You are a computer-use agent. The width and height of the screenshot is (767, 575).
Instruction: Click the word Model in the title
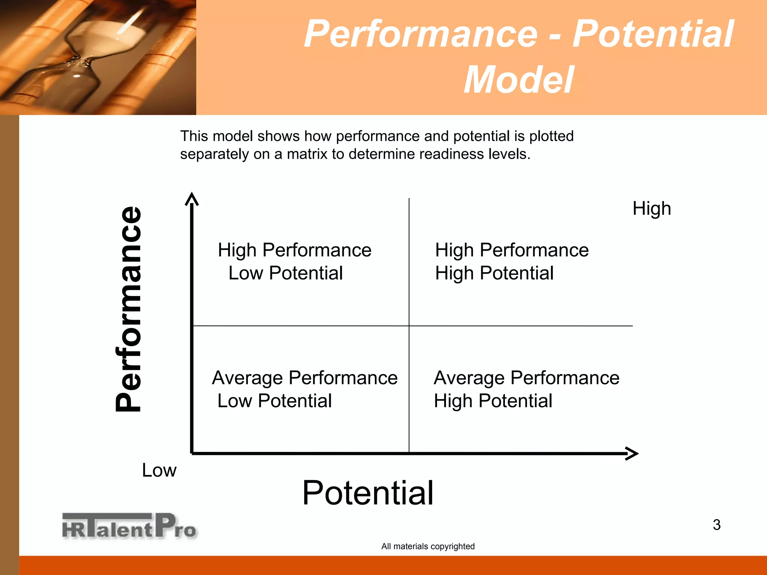click(x=518, y=80)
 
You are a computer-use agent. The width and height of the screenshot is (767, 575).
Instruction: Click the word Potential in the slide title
click(x=653, y=34)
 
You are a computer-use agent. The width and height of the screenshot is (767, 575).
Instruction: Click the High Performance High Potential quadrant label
click(x=511, y=261)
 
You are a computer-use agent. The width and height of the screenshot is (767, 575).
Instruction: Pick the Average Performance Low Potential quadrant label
click(x=304, y=389)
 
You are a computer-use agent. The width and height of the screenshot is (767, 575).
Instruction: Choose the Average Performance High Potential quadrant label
click(x=526, y=389)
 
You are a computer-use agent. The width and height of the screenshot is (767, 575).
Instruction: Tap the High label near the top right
click(x=651, y=209)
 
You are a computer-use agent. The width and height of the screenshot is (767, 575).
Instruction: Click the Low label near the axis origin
click(x=159, y=470)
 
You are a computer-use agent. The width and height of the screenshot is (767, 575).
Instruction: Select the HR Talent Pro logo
click(x=129, y=526)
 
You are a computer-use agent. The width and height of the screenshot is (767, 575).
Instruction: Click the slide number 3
click(x=716, y=525)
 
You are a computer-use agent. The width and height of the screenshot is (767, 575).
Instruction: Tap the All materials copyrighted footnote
click(x=428, y=546)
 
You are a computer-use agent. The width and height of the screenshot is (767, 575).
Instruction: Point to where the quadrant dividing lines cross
click(x=409, y=326)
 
